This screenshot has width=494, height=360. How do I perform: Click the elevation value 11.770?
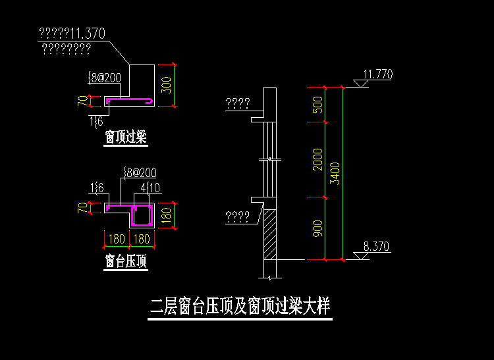coord(377,74)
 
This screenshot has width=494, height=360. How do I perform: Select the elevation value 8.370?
coord(376,247)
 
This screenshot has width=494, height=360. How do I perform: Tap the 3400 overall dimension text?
coord(335,173)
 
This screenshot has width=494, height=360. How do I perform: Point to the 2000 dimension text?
coord(318,159)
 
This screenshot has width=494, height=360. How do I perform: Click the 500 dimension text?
coord(318,104)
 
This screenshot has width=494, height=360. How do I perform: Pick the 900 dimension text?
coord(318,228)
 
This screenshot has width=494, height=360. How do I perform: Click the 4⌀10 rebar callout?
coord(147,188)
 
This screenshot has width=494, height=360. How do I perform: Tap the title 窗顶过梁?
coord(125,138)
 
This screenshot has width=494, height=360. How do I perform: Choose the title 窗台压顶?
coord(125,261)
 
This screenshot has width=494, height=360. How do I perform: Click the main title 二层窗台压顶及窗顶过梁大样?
coord(239,307)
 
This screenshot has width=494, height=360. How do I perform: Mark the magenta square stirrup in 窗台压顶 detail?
coord(142,215)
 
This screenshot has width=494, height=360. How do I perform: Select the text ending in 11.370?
coord(72,34)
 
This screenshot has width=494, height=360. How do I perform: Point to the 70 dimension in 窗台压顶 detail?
coord(82,208)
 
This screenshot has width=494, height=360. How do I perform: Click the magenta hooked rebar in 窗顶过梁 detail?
coord(130,101)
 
